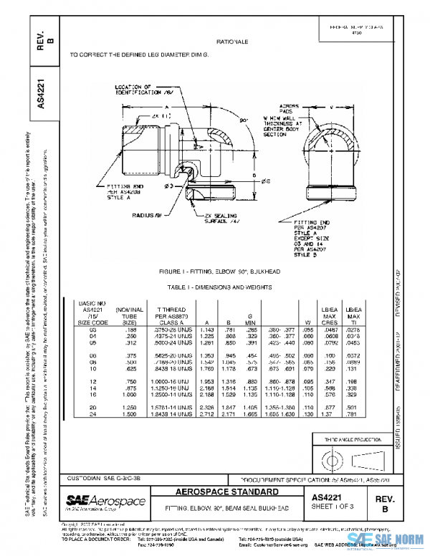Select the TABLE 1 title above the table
tap(230, 287)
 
